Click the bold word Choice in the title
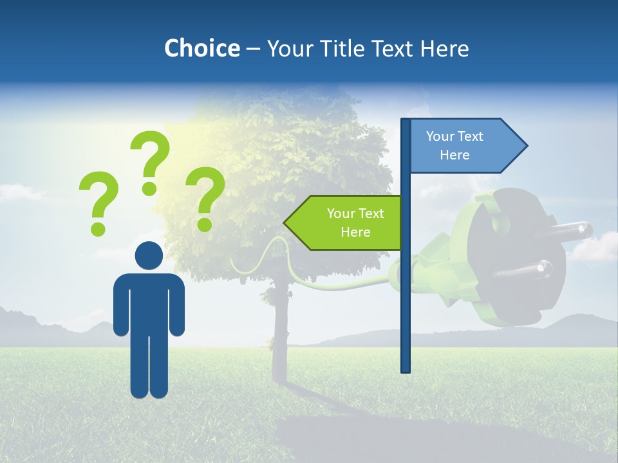click(x=201, y=48)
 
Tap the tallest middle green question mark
click(x=150, y=162)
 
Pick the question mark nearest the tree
click(x=205, y=198)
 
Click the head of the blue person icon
click(x=149, y=255)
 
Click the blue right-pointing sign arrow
click(x=464, y=146)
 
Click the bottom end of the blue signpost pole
click(x=406, y=369)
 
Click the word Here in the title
click(x=444, y=48)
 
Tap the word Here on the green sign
click(x=355, y=232)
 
